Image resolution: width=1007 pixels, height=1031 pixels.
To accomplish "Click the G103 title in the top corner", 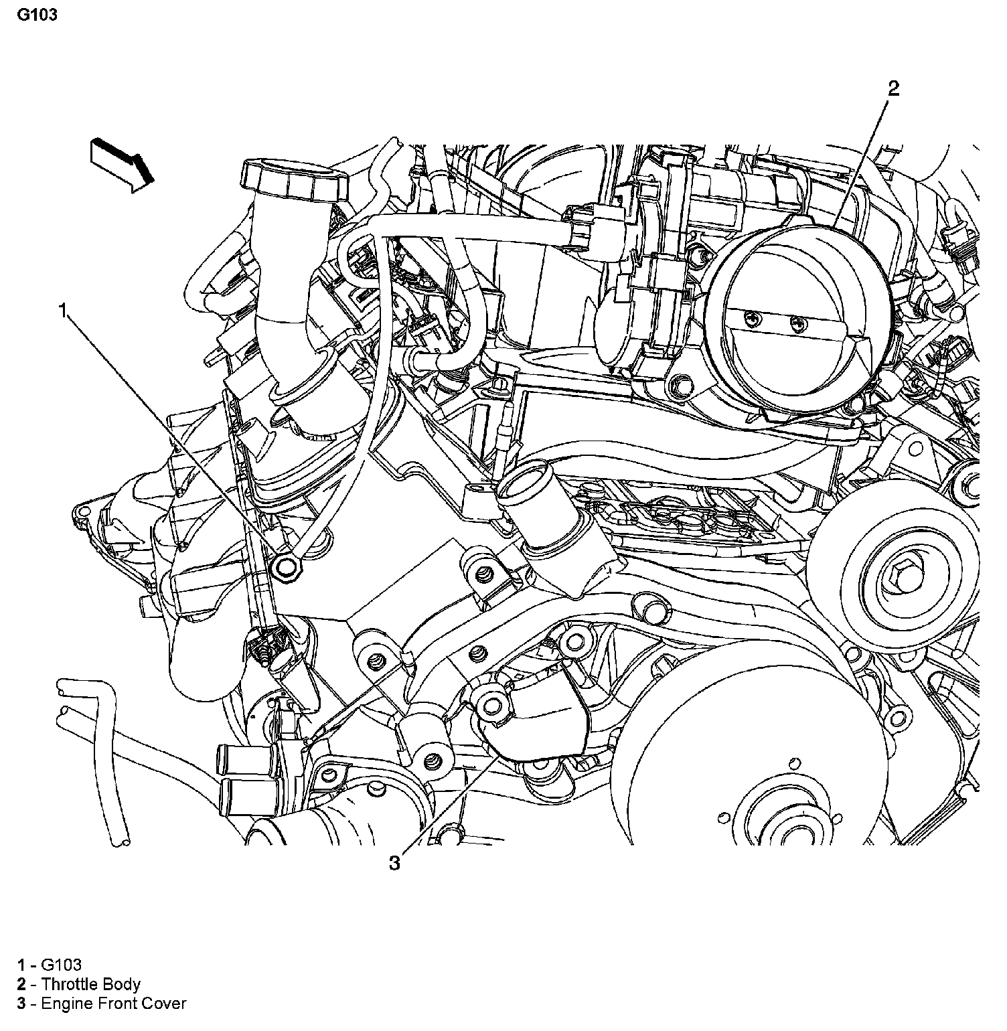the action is point(37,15).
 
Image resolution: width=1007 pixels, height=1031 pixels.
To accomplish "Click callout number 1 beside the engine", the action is point(64,310).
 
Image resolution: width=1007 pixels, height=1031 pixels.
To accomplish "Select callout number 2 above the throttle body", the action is point(893,88).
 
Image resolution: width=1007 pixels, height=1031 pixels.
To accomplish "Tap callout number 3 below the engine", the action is point(395,864).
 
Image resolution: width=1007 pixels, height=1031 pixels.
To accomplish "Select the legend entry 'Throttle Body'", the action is point(90,984).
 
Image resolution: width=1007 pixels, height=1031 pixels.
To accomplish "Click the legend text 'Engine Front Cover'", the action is point(113,1003).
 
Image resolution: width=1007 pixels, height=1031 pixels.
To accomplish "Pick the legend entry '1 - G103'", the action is point(50,965).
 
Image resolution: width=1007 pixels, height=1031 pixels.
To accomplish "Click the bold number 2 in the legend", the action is point(22,984).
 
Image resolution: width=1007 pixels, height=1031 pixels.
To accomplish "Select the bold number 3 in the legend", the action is point(22,1003).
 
